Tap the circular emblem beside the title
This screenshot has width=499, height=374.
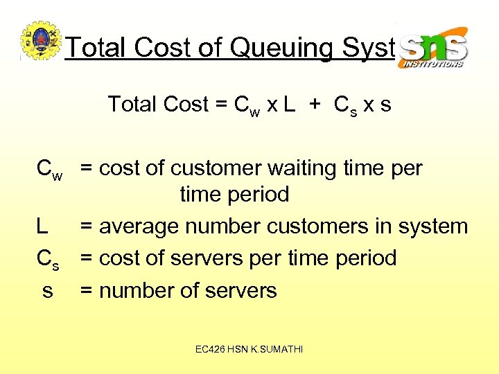tap(41, 42)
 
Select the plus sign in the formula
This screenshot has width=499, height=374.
tap(315, 105)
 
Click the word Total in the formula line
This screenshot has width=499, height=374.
tap(132, 105)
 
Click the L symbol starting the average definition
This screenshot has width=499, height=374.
tap(42, 226)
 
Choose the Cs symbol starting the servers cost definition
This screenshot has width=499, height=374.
tap(48, 259)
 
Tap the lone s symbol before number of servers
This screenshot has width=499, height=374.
tap(47, 291)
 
